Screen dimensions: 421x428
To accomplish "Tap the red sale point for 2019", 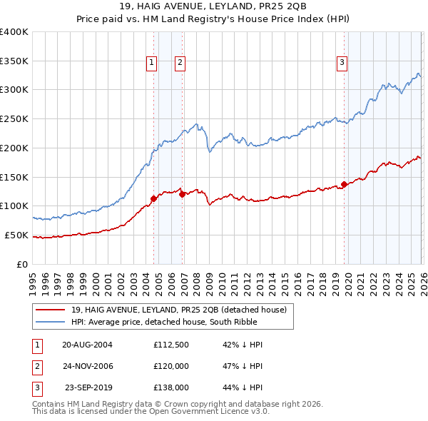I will point(344,184).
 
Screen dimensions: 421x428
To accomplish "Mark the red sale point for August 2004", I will point(153,198).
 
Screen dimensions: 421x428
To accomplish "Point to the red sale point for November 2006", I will point(182,193).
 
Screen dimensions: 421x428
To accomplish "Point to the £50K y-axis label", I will point(16,235).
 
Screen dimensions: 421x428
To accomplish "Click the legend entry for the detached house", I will point(178,310).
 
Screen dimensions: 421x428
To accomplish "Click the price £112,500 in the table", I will point(170,344).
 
